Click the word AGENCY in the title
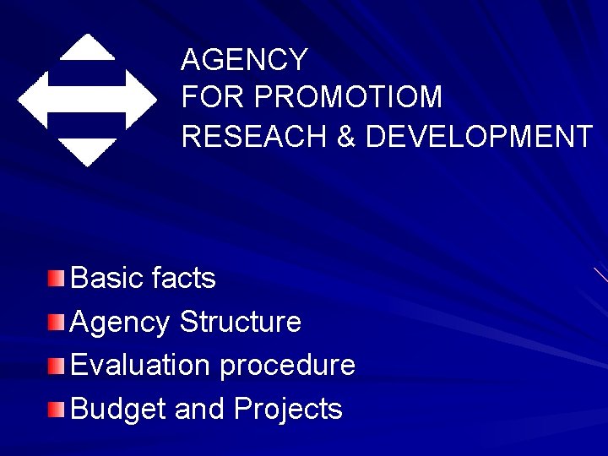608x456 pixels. click(245, 60)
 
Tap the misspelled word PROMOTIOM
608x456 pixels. click(348, 98)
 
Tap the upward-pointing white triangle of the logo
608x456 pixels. click(88, 48)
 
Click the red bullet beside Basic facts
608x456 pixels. click(56, 278)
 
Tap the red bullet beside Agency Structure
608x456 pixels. click(56, 322)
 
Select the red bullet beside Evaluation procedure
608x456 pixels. click(56, 366)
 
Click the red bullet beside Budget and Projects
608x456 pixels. click(56, 410)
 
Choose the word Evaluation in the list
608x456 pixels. click(140, 366)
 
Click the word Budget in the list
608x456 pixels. click(118, 410)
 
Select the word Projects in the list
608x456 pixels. click(288, 410)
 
